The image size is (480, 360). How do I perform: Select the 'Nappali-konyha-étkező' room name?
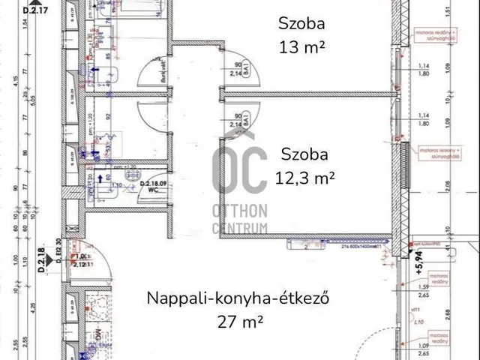tap(239, 298)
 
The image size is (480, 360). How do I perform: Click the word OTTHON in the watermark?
tap(239, 214)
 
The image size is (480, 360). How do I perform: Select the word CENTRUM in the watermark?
tap(239, 227)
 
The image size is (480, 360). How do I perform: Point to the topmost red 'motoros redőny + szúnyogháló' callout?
tap(434, 34)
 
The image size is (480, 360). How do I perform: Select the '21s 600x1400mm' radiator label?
tap(360, 247)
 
